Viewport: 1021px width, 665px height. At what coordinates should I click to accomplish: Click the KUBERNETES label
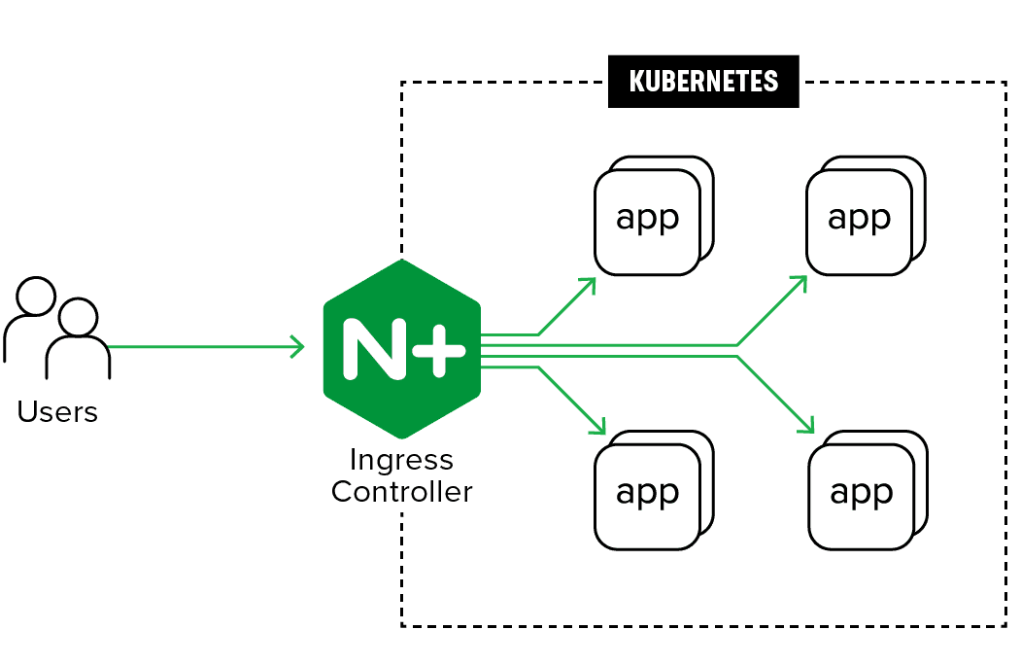tap(703, 81)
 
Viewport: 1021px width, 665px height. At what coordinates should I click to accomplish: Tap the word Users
tap(57, 412)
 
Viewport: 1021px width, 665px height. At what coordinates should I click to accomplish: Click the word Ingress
tap(401, 459)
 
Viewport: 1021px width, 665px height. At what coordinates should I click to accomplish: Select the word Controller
tap(401, 491)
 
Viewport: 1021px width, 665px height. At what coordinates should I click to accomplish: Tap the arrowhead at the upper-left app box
tap(589, 283)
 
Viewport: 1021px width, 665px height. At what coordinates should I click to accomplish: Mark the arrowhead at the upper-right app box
tap(801, 281)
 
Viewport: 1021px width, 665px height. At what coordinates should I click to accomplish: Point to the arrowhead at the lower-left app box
tap(598, 427)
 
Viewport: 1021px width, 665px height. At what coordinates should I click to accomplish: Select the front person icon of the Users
tap(78, 340)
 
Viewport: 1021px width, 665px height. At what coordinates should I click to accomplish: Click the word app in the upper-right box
tap(860, 218)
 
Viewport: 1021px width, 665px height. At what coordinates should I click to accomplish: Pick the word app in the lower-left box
tap(648, 492)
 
